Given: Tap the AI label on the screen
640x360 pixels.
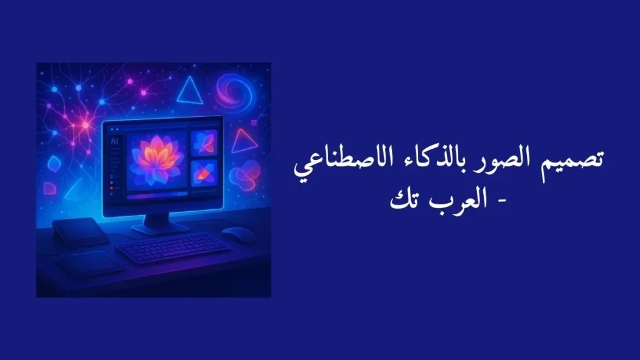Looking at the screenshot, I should point(114,142).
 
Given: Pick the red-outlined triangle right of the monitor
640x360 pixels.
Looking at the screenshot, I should point(244,142).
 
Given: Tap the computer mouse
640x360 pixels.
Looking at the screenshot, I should point(239,234).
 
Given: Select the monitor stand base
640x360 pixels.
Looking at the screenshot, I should point(160,227).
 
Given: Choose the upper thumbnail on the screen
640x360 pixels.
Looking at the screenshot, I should point(204,143).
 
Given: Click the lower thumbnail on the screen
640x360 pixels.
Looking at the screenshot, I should point(204,173).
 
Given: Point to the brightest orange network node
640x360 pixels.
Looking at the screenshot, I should point(84,124).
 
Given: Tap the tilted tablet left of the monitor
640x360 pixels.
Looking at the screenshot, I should point(79,232).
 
